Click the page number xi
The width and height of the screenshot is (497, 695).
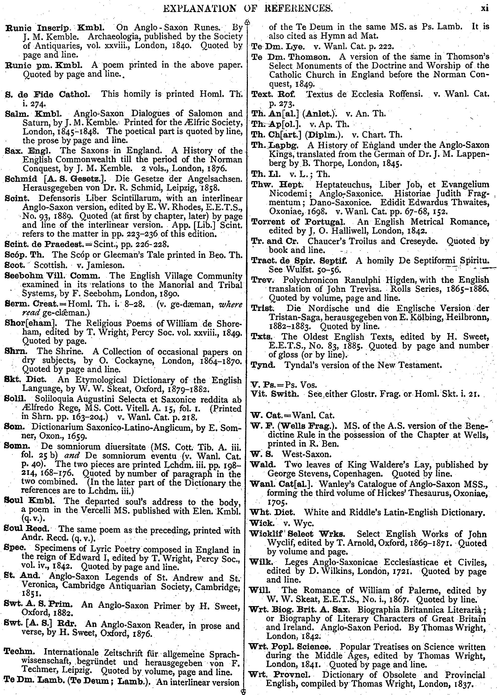click(x=485, y=8)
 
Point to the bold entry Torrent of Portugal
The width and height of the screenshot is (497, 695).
click(x=297, y=222)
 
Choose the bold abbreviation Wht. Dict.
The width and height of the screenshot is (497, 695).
click(x=272, y=512)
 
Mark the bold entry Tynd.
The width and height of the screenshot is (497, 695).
click(x=263, y=365)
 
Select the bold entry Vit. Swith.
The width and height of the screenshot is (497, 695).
click(x=275, y=394)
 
